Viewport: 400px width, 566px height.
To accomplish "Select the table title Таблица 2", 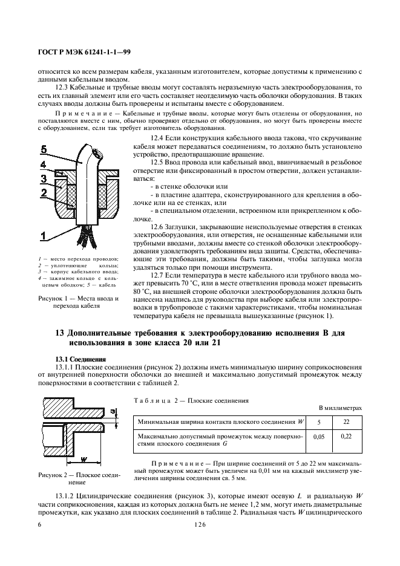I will pyautogui.click(x=155, y=400).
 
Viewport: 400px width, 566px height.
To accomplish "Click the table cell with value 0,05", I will pyautogui.click(x=321, y=440).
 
